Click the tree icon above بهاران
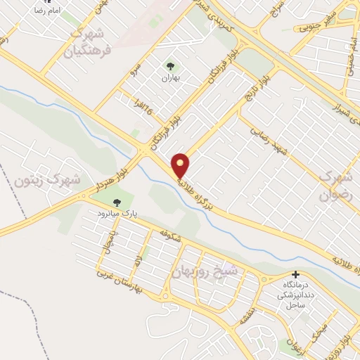(x=169, y=66)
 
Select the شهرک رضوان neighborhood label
(x=335, y=184)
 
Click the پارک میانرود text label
(x=115, y=212)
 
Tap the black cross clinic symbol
(x=295, y=275)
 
